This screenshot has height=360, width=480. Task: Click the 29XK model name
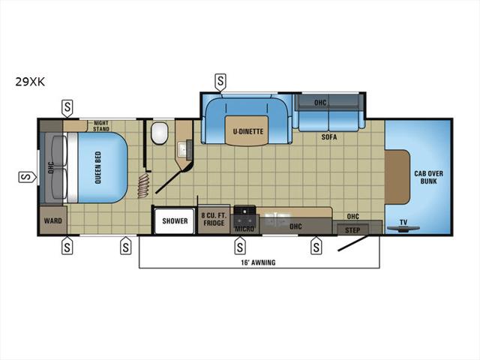point(30,82)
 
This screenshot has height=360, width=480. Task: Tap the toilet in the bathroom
point(160,133)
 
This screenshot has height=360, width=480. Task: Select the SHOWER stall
point(175,221)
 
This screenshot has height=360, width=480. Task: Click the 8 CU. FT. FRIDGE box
point(214,219)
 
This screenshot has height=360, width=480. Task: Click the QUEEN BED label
point(98,167)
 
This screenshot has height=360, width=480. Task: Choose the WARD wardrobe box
point(53,220)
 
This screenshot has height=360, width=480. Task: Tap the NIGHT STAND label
point(101,126)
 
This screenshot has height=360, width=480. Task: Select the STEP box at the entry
point(352,230)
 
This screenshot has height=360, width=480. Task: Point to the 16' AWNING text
point(258,262)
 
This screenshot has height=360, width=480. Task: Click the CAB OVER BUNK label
point(428,177)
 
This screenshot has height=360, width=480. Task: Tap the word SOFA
point(329,136)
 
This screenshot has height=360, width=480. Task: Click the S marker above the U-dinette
point(220,82)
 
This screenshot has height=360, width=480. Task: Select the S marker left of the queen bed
point(28,177)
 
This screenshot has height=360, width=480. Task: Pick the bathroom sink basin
point(183,149)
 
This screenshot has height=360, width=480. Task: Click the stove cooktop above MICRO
point(244,211)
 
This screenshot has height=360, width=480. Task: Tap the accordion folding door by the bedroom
point(143,185)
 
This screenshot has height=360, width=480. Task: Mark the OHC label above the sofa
point(320,102)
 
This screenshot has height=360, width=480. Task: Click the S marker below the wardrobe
point(67,245)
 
